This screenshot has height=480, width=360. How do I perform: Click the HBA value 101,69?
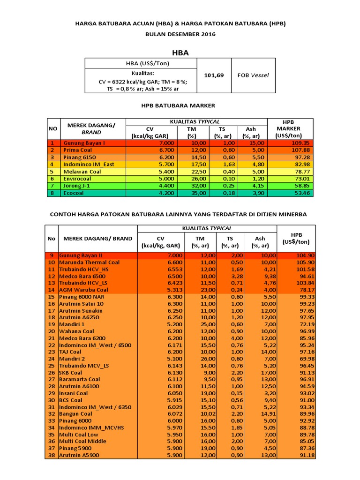pyautogui.click(x=214, y=75)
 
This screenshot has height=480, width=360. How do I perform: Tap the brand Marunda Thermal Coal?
pyautogui.click(x=90, y=262)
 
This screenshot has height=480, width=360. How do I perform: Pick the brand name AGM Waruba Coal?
pyautogui.click(x=83, y=290)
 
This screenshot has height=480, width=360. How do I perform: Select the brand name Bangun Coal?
pyautogui.click(x=75, y=414)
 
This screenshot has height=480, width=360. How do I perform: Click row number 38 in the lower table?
pyautogui.click(x=52, y=455)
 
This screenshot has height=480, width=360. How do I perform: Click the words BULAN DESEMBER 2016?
pyautogui.click(x=180, y=34)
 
